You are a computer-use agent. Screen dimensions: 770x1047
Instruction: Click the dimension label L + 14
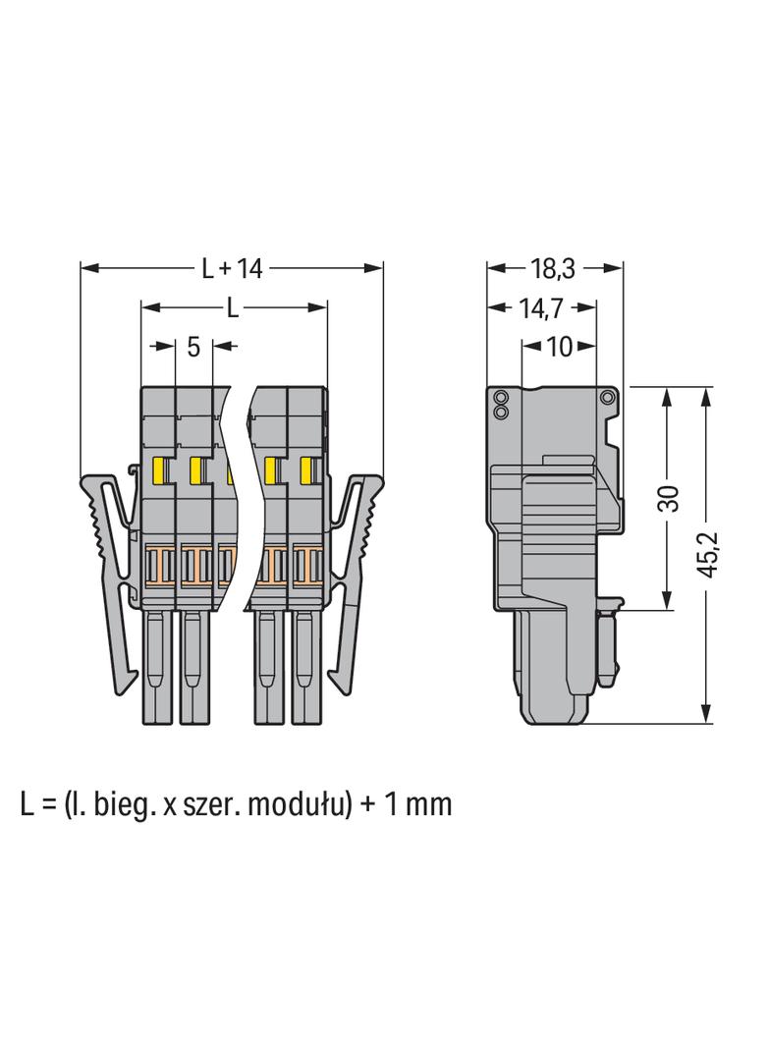233,268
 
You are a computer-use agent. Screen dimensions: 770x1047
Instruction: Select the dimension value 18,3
553,268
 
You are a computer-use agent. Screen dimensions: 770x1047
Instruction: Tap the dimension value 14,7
541,307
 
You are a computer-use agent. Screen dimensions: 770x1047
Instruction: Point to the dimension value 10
560,346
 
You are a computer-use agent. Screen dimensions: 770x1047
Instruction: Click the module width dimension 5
193,346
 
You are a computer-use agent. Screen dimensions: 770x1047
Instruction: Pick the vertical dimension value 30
668,498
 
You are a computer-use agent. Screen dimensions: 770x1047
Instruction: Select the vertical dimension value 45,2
706,554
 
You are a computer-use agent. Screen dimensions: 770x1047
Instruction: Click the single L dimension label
232,307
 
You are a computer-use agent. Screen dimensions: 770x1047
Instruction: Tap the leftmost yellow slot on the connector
161,470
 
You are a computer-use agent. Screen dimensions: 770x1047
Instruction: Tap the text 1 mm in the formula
418,804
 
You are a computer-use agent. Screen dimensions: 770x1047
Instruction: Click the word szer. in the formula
211,805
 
